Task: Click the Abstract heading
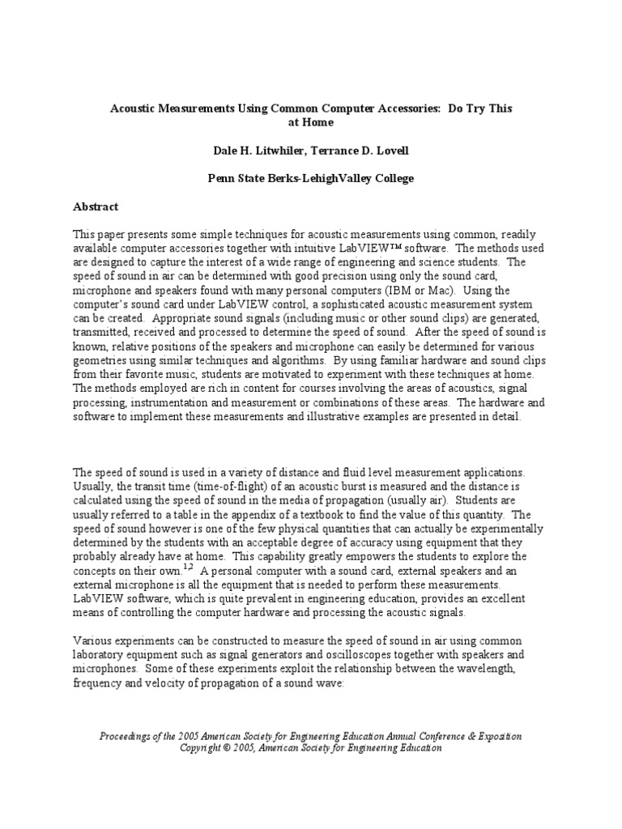(96, 206)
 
